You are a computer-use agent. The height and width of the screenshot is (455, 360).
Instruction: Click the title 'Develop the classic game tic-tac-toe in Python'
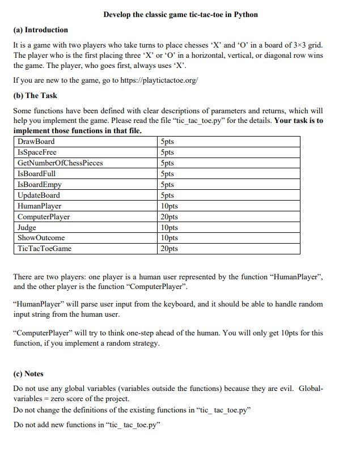point(180,14)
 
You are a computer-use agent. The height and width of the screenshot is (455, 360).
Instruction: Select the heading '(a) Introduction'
point(40,30)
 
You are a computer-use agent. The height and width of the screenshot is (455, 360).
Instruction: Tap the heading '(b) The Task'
point(35,95)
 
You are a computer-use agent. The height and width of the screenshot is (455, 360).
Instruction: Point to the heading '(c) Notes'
point(28,373)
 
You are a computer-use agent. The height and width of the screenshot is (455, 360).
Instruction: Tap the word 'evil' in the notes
point(285,389)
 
